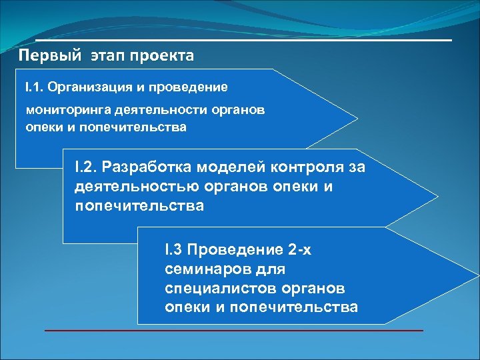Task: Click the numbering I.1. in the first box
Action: (34, 87)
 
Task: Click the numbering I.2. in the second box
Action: (88, 167)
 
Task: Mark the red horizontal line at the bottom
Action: (233, 331)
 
